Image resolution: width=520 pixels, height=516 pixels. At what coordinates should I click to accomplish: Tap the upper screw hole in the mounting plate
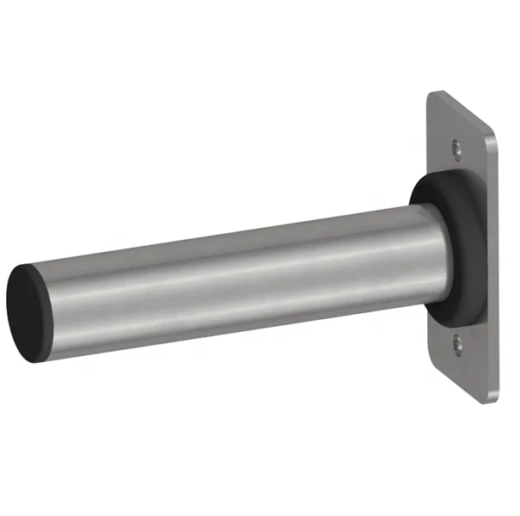pos(456,151)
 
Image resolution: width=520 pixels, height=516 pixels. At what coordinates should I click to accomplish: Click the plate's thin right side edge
pos(496,258)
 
